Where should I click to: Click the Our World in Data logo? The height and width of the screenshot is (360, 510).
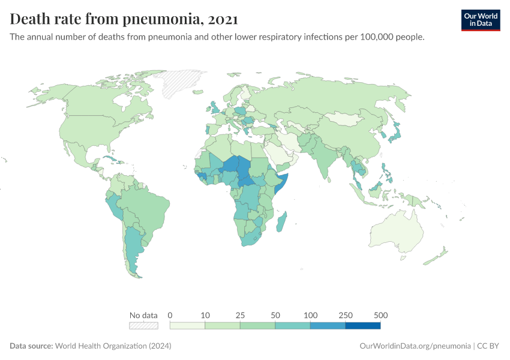click(480, 20)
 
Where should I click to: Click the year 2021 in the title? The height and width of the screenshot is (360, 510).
click(223, 19)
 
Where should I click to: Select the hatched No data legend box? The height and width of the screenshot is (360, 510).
click(143, 326)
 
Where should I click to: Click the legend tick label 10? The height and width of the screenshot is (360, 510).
click(205, 315)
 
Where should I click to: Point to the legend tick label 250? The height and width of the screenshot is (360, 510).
click(346, 315)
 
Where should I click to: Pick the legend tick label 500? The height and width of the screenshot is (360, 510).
click(380, 315)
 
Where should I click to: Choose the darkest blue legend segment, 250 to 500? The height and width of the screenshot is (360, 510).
click(363, 326)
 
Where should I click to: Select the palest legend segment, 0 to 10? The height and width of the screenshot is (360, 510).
click(187, 326)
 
